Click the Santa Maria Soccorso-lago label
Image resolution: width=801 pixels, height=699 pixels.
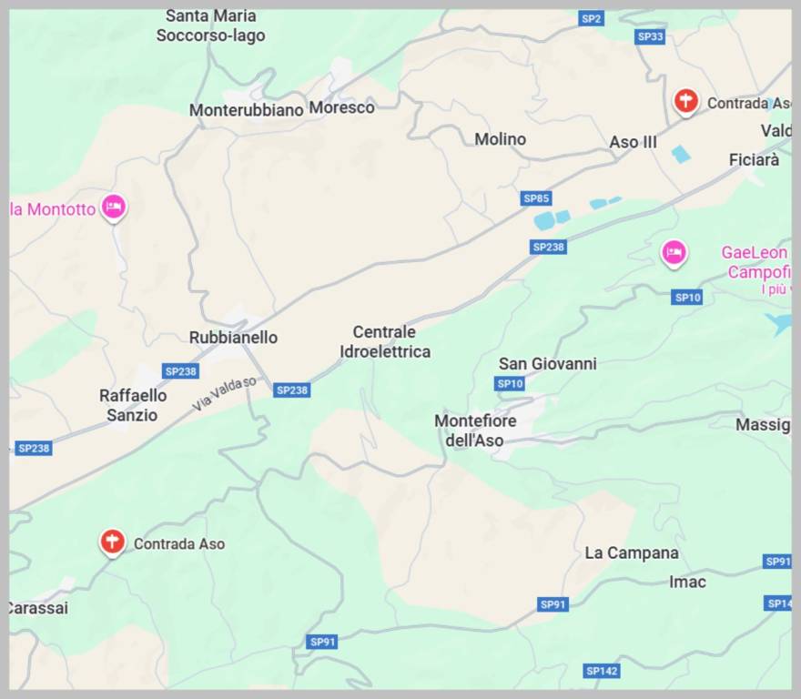point(210,25)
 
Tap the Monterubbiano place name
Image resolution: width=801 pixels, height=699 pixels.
point(246,110)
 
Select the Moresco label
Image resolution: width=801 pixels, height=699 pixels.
point(341,107)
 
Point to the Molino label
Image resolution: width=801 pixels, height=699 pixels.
point(500,139)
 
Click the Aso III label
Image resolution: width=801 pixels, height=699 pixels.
point(633,142)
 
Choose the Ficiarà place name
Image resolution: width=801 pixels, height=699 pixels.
point(754,160)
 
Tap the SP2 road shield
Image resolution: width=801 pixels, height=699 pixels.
point(591,18)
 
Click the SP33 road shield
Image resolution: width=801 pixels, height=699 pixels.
point(650,36)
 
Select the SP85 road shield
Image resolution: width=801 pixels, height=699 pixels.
point(536,198)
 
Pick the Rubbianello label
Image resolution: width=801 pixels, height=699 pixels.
point(233,338)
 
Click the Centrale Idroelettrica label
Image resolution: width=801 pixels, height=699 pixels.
point(384,342)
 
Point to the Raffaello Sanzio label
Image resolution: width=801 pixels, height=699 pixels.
point(133,406)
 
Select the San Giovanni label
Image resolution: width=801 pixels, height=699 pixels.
point(547,364)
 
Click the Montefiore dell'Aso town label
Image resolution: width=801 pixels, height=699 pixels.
point(475,431)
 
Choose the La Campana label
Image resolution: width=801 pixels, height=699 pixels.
point(632,553)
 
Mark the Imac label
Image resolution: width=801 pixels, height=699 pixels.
point(687,582)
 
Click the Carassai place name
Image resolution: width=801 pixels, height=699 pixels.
point(37,608)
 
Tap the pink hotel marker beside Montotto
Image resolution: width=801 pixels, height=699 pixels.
point(113,207)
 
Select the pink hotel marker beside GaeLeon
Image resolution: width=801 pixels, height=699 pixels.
point(674,251)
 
